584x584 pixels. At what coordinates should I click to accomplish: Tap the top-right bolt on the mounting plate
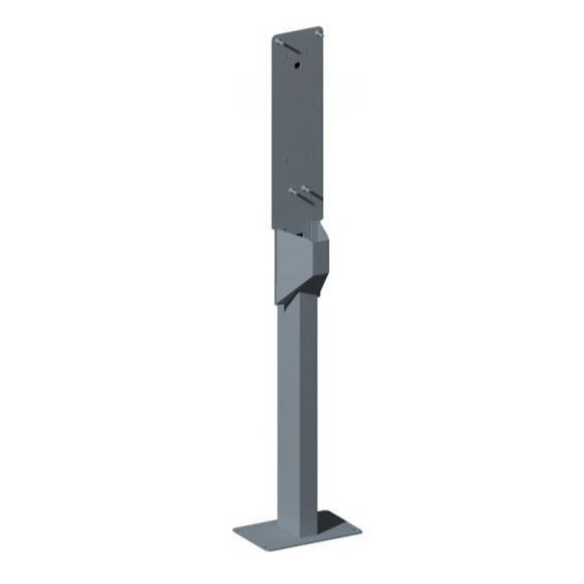tap(318, 33)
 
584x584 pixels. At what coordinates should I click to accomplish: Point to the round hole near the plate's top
tap(296, 66)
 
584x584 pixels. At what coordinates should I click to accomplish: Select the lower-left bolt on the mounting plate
tap(293, 190)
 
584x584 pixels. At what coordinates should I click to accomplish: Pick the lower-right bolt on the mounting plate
tap(307, 189)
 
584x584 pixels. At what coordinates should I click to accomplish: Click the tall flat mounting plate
tap(296, 126)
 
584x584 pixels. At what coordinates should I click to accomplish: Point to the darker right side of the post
tap(307, 404)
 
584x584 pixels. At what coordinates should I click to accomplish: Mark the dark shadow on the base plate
tap(328, 524)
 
